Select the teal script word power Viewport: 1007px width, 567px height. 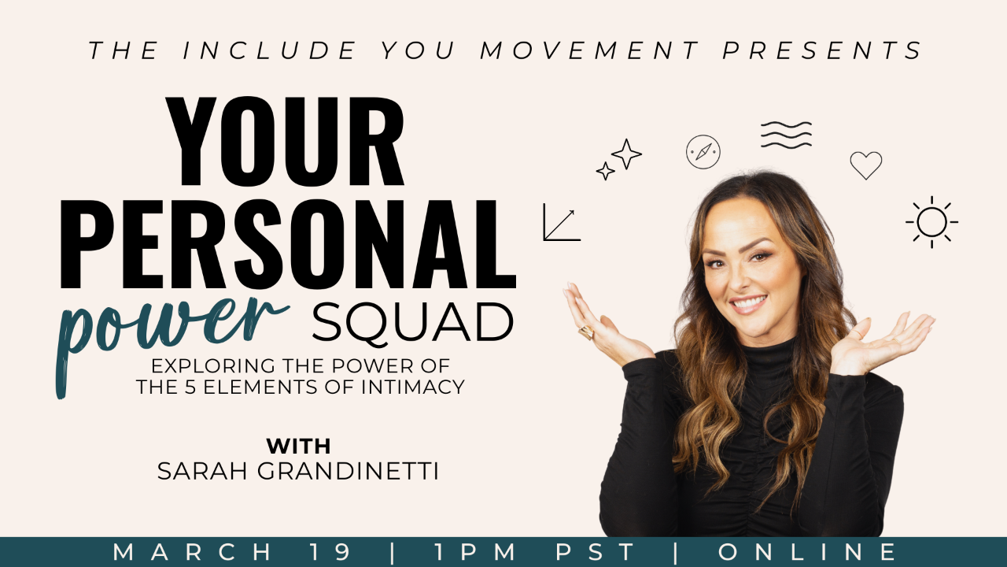click(169, 327)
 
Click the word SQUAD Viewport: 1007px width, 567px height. click(412, 322)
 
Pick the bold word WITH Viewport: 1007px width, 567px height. click(298, 446)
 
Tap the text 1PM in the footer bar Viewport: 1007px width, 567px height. click(472, 552)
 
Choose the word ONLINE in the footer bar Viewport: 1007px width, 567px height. click(807, 552)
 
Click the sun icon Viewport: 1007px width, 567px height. click(931, 222)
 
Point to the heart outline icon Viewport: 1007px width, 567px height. click(865, 165)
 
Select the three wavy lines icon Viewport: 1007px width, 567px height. click(786, 135)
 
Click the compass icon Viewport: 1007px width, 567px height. click(703, 151)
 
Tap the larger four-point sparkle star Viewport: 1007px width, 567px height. click(627, 154)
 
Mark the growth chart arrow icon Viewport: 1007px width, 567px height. click(561, 223)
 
